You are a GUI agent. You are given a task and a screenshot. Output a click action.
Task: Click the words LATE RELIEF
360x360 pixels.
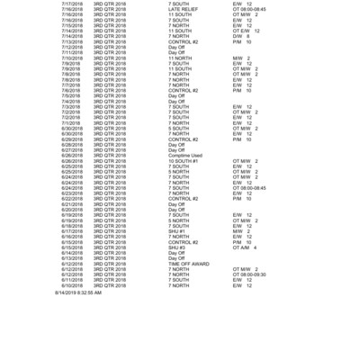(183, 9)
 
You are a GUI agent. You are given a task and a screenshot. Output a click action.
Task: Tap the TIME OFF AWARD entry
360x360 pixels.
(189, 264)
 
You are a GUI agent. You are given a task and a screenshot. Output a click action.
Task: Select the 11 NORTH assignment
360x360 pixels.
(181, 58)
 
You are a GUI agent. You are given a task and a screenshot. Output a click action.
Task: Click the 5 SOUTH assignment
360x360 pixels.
(181, 128)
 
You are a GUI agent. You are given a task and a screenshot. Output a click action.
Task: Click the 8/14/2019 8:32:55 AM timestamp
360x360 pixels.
(77, 292)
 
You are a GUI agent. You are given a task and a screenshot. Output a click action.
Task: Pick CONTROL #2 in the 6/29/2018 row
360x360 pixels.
(184, 139)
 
